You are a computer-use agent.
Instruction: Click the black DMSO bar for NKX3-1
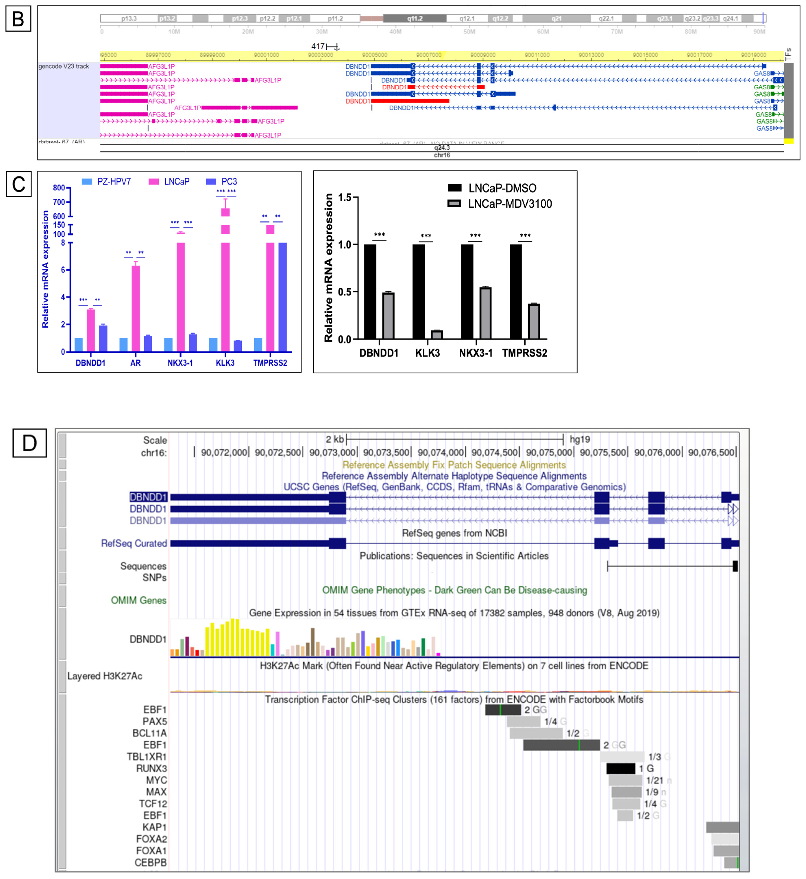(x=467, y=291)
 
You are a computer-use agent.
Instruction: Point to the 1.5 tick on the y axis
(x=345, y=198)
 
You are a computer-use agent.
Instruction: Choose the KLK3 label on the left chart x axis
(x=225, y=363)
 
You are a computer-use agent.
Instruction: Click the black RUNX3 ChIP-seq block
(x=621, y=768)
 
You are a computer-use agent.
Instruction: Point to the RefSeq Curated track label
(x=134, y=543)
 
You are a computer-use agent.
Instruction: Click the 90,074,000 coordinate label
(x=441, y=452)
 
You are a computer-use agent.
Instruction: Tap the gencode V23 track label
(x=64, y=66)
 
